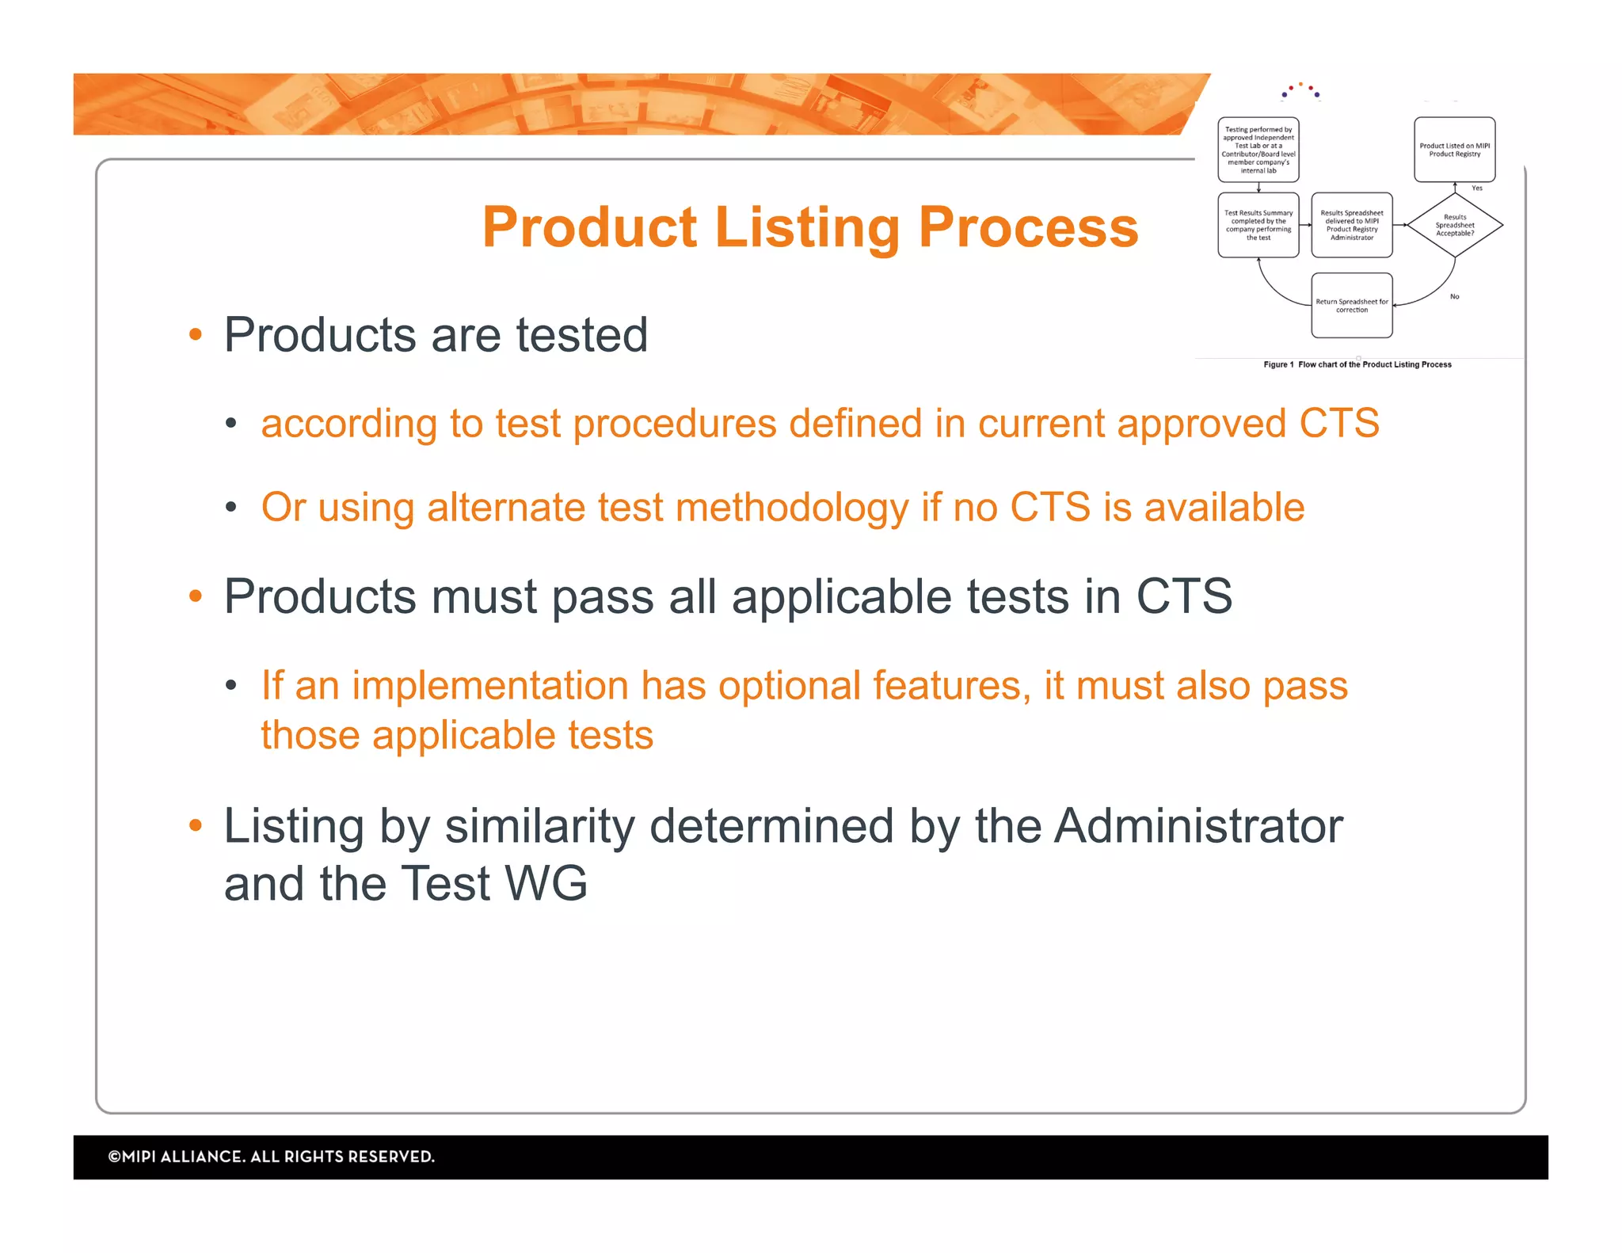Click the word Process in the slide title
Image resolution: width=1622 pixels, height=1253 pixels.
pyautogui.click(x=1028, y=227)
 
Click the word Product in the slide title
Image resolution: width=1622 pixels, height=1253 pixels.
pyautogui.click(x=590, y=227)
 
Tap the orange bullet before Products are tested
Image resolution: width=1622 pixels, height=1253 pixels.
pyautogui.click(x=196, y=335)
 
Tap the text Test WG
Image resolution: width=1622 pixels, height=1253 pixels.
pyautogui.click(x=494, y=883)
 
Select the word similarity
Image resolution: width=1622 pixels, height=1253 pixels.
pyautogui.click(x=539, y=826)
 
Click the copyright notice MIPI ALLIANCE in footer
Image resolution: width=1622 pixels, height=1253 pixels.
pyautogui.click(x=271, y=1157)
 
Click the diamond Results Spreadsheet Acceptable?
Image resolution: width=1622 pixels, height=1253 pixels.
pyautogui.click(x=1455, y=226)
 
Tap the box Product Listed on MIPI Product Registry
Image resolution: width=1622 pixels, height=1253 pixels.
pyautogui.click(x=1454, y=150)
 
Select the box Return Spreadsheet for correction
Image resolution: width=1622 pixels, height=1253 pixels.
pyautogui.click(x=1351, y=306)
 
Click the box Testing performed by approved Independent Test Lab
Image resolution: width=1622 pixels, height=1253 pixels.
pyautogui.click(x=1258, y=150)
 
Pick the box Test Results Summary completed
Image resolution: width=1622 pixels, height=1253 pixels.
pyautogui.click(x=1258, y=225)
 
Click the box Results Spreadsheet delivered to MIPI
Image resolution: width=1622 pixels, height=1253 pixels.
pyautogui.click(x=1351, y=225)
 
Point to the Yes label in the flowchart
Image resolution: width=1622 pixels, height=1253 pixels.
pyautogui.click(x=1476, y=189)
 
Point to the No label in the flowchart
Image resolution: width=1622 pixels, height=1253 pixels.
pyautogui.click(x=1454, y=297)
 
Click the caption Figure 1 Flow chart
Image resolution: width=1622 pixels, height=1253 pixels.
pyautogui.click(x=1357, y=365)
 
